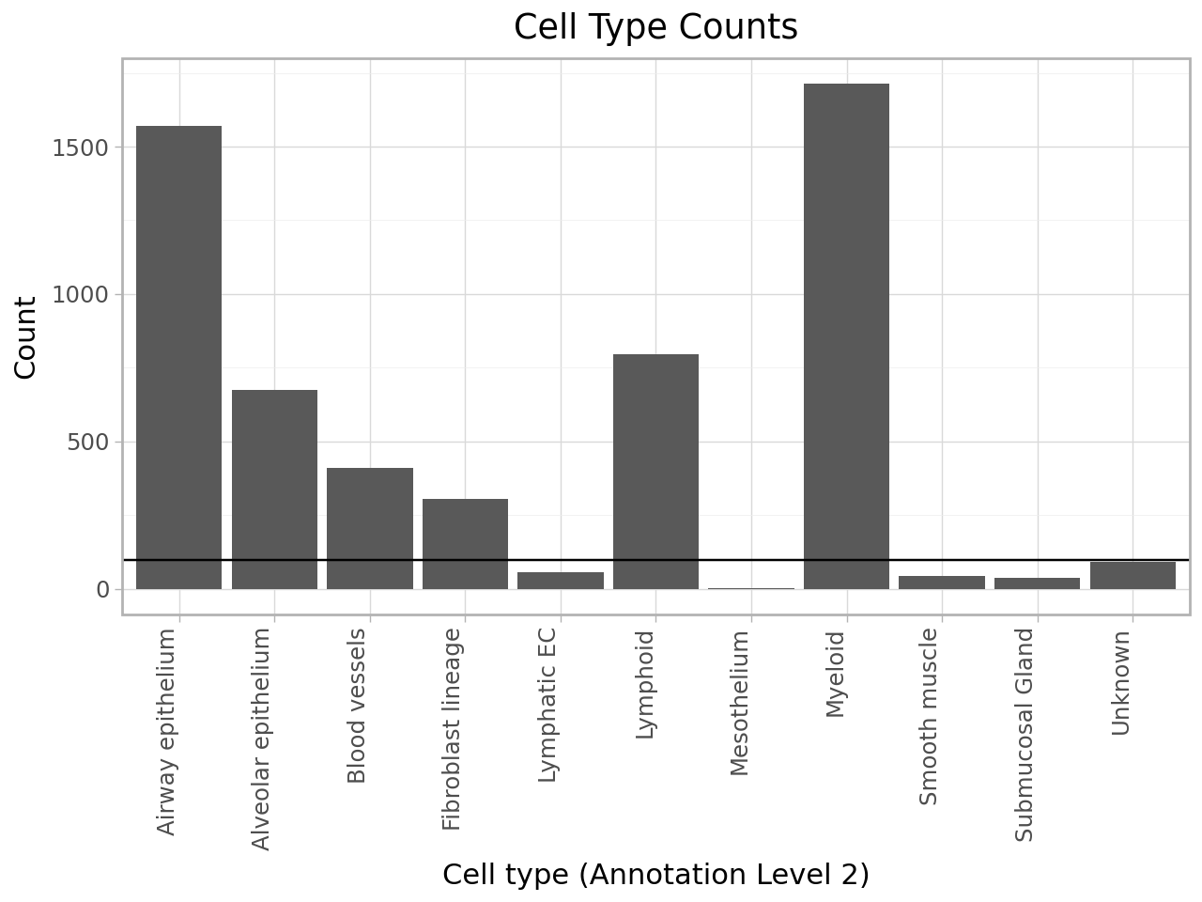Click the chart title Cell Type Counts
pos(655,27)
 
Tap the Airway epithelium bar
pos(178,357)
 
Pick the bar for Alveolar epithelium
pos(274,490)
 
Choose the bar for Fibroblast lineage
pos(465,544)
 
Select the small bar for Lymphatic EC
pos(561,581)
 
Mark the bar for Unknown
pos(1133,575)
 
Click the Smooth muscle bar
pos(942,583)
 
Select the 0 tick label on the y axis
pos(102,590)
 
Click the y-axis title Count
pos(25,337)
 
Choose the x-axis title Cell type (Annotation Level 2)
pos(655,875)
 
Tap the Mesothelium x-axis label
pos(740,704)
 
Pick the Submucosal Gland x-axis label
pos(1025,735)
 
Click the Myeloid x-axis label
pos(836,675)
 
